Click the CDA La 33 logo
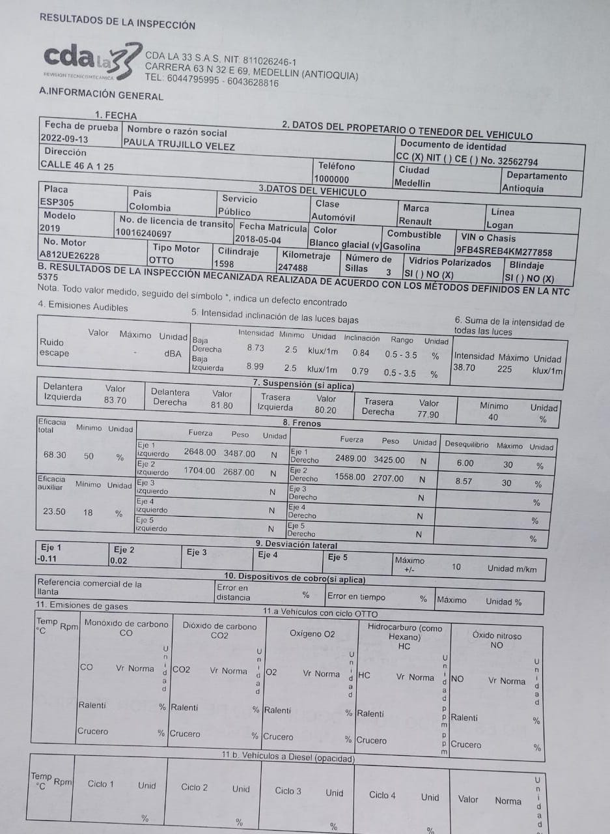tap(91, 61)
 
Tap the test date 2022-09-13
tap(64, 138)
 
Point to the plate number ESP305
tap(57, 202)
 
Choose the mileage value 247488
tap(293, 268)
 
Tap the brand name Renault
tap(415, 222)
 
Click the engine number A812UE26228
tap(70, 256)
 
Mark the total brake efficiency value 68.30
tap(55, 455)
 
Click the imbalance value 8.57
tap(464, 481)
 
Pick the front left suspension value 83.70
tap(115, 400)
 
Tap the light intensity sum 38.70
tap(464, 367)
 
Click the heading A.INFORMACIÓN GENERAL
tap(101, 96)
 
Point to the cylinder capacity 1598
tap(224, 264)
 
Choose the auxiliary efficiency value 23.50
tap(54, 511)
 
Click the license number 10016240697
tap(144, 233)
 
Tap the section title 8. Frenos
tap(307, 423)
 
